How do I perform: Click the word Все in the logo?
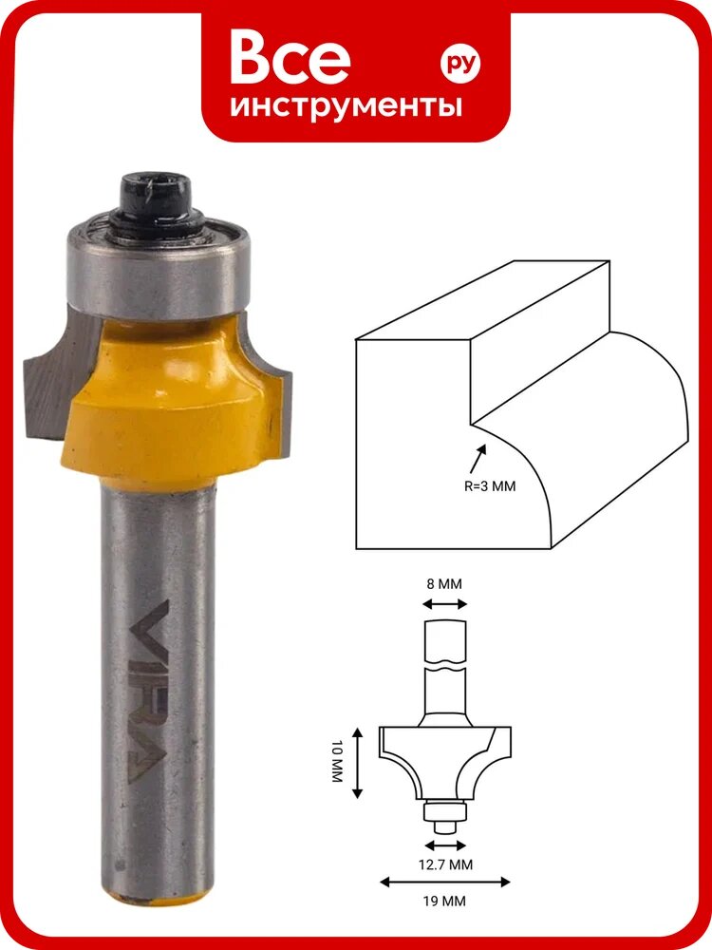pyautogui.click(x=290, y=58)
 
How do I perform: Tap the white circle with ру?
pyautogui.click(x=460, y=64)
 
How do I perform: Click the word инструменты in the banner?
pyautogui.click(x=346, y=105)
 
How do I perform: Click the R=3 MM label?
pyautogui.click(x=490, y=485)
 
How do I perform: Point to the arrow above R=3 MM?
pyautogui.click(x=478, y=459)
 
